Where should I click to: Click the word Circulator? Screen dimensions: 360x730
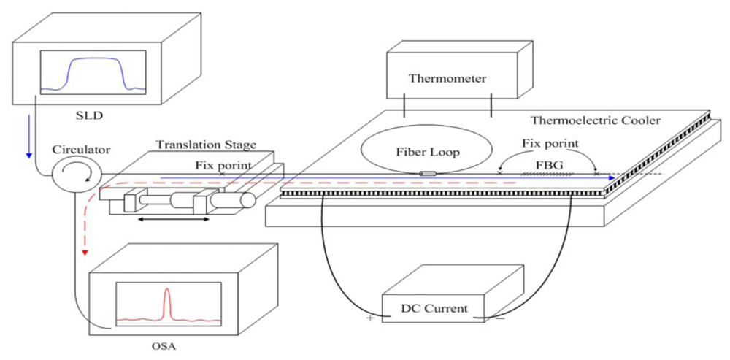[x=81, y=150]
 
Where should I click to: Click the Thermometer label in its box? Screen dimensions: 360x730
[x=447, y=78]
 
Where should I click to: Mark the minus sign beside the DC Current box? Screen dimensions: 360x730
[x=502, y=318]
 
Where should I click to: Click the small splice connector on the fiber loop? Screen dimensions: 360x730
[x=428, y=174]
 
